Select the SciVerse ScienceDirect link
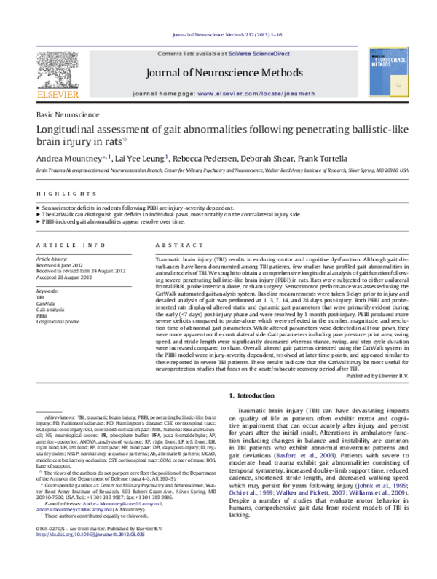tap(261, 55)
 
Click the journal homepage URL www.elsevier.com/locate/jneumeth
tap(251, 95)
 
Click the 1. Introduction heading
tap(252, 395)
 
